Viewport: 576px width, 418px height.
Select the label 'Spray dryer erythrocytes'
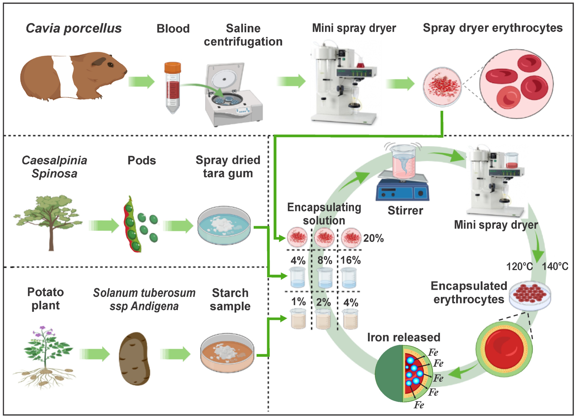(493, 28)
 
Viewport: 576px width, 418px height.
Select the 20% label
(373, 238)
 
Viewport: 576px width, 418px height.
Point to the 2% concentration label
(323, 302)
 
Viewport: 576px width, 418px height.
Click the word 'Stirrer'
(405, 211)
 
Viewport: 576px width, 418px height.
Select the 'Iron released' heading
(404, 337)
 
